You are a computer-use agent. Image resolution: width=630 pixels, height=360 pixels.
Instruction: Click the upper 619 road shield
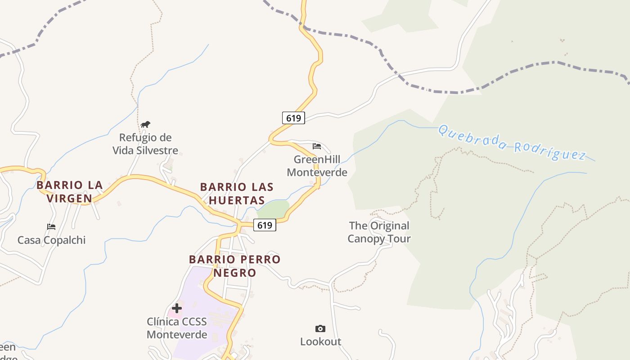pyautogui.click(x=293, y=118)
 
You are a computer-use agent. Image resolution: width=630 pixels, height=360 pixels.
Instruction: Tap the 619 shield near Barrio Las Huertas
pyautogui.click(x=265, y=225)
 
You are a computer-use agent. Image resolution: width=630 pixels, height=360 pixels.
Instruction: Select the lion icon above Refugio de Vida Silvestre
pyautogui.click(x=145, y=125)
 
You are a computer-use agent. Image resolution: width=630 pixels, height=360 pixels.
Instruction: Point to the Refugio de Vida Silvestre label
pyautogui.click(x=145, y=144)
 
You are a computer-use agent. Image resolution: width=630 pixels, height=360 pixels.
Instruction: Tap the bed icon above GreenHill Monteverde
pyautogui.click(x=317, y=146)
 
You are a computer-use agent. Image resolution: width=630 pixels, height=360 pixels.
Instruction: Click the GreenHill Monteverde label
pyautogui.click(x=317, y=166)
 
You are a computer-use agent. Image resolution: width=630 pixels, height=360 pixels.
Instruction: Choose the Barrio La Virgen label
pyautogui.click(x=70, y=192)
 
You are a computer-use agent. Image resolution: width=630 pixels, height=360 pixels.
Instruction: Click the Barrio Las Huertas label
pyautogui.click(x=237, y=193)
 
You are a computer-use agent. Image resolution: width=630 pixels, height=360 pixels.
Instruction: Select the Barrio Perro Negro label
pyautogui.click(x=234, y=266)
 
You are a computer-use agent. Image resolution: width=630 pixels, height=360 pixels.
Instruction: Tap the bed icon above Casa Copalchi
pyautogui.click(x=51, y=227)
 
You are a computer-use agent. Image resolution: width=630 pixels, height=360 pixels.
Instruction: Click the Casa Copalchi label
pyautogui.click(x=51, y=240)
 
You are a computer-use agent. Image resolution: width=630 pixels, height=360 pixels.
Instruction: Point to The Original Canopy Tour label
pyautogui.click(x=379, y=232)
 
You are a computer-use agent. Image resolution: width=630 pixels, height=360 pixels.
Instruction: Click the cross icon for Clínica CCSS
pyautogui.click(x=177, y=308)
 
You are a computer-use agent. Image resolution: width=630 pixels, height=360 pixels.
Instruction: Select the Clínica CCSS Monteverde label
pyautogui.click(x=177, y=328)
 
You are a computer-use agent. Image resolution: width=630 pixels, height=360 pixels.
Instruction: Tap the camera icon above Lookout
pyautogui.click(x=320, y=328)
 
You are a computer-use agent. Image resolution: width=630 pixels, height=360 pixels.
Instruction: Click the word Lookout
pyautogui.click(x=320, y=342)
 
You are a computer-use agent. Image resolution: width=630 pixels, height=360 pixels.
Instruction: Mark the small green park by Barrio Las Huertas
pyautogui.click(x=274, y=209)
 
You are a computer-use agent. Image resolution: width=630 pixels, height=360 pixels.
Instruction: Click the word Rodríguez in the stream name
pyautogui.click(x=550, y=151)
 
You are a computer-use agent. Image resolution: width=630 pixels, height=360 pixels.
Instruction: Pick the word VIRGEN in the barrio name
pyautogui.click(x=70, y=198)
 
